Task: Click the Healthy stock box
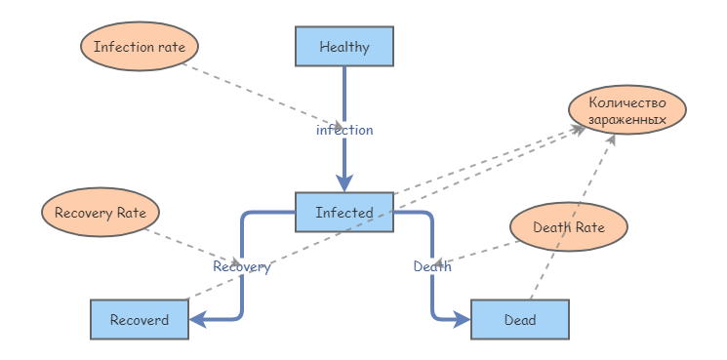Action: [x=343, y=46]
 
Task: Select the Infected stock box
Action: [x=343, y=212]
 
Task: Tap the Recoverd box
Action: [x=139, y=319]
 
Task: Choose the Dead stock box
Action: [x=518, y=319]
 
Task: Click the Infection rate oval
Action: [x=140, y=46]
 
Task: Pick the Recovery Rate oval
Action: [x=101, y=212]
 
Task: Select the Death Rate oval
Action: [x=568, y=227]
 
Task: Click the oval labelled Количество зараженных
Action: [x=627, y=110]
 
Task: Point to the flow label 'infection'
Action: [x=343, y=129]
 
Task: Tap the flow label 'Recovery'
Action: [x=241, y=266]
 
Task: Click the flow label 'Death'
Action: [x=431, y=266]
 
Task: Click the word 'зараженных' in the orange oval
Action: [x=627, y=120]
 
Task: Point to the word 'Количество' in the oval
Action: [x=627, y=101]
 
